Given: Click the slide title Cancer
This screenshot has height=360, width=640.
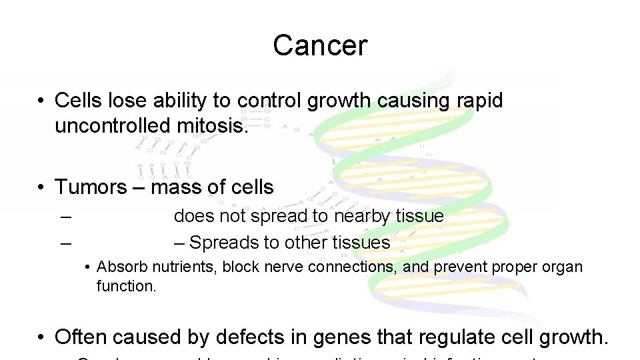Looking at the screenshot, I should coord(319,45).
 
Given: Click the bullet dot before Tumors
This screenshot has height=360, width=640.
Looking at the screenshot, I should coord(41,187).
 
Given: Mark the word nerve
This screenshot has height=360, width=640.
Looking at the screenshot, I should coord(281,267).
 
